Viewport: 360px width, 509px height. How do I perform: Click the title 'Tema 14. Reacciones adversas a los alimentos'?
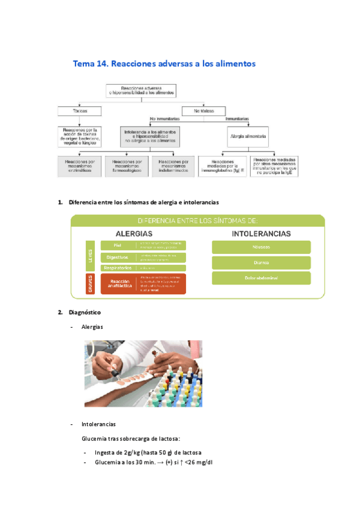(x=164, y=63)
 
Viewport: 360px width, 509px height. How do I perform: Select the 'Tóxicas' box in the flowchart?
(x=79, y=111)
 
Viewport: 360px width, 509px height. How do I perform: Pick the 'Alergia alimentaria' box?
(x=248, y=137)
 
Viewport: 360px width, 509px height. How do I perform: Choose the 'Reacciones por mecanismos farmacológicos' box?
(x=127, y=166)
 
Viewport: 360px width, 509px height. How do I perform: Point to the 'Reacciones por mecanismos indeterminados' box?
(x=174, y=166)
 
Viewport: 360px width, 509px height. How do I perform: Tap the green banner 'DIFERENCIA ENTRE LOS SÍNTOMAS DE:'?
(x=197, y=220)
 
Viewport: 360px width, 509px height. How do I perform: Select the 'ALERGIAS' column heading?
(x=134, y=233)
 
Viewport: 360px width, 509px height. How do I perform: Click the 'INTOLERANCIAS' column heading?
(x=262, y=233)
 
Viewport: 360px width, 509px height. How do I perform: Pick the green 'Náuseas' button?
(x=261, y=247)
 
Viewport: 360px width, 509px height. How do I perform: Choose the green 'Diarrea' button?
(x=261, y=262)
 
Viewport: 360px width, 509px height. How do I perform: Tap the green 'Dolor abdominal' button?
(x=261, y=278)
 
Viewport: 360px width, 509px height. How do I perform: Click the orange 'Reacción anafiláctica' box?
(x=119, y=284)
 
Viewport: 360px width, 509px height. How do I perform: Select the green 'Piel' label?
(x=119, y=245)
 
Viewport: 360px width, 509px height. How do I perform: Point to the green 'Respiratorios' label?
(x=119, y=268)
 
